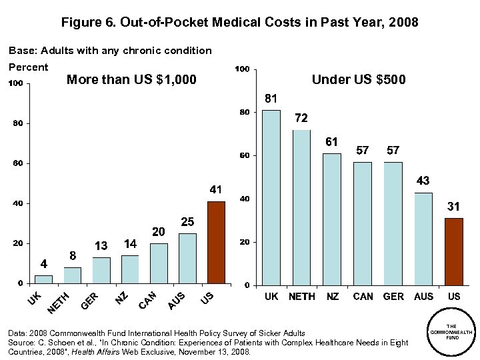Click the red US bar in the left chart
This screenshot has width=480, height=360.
click(216, 242)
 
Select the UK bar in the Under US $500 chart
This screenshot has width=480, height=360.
click(271, 197)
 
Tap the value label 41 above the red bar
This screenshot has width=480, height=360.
click(215, 190)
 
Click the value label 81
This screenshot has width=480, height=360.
click(271, 99)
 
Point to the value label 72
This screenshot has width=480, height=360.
click(301, 118)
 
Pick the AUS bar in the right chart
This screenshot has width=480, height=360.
click(423, 239)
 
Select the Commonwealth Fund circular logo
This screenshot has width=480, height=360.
click(451, 332)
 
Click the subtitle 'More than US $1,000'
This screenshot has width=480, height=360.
click(132, 81)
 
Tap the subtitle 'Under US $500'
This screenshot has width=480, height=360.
click(359, 80)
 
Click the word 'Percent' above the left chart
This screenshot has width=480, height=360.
click(28, 67)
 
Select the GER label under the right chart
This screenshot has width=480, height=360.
click(393, 296)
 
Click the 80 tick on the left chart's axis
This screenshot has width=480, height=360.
click(18, 124)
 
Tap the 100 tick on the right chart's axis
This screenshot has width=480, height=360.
click(243, 69)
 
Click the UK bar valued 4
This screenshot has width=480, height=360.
click(43, 279)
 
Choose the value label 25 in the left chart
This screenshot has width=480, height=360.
click(187, 221)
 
